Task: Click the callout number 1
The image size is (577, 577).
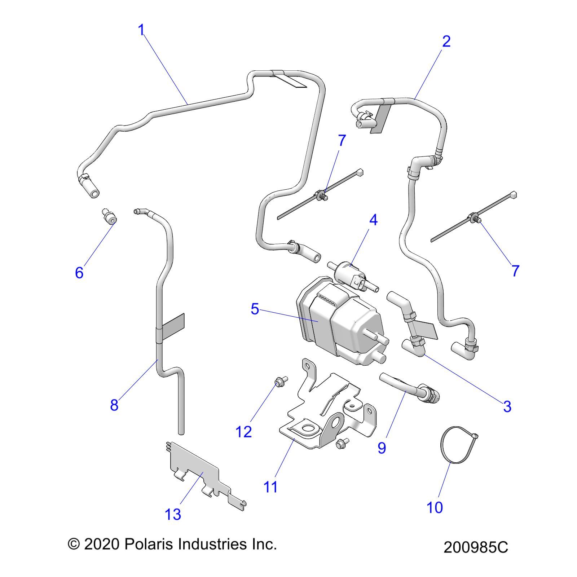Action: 141,30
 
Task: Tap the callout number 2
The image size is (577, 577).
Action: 446,41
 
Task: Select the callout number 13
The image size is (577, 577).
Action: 172,514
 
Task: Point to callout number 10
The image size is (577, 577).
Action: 435,507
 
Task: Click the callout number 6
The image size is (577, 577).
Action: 79,272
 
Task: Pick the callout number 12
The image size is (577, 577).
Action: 243,431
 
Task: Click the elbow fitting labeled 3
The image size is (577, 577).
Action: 415,346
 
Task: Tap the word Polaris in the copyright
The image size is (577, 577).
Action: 148,544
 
